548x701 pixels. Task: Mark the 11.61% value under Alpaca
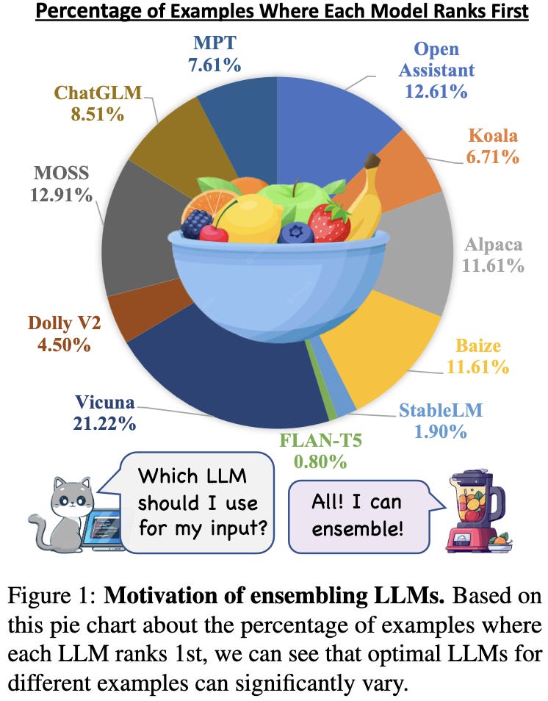[493, 265]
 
